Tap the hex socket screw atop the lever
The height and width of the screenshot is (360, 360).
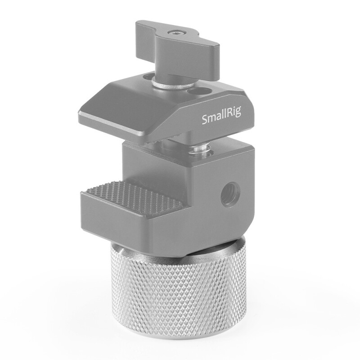tap(174, 33)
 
